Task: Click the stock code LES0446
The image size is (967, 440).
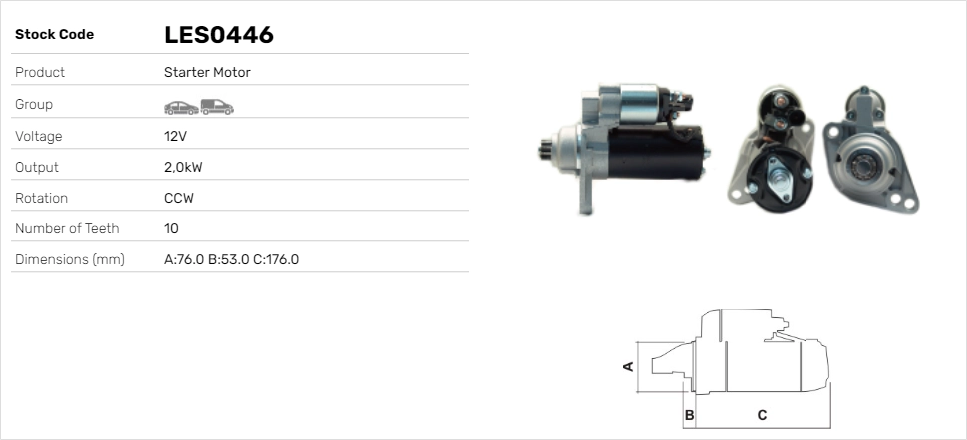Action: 219,35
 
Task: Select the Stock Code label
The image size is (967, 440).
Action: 54,35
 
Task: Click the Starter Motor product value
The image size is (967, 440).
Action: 207,72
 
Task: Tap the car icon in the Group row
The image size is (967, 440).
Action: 181,108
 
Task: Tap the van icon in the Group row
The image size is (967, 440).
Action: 217,107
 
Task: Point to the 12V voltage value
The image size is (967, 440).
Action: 175,136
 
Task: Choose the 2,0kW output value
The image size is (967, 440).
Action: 183,168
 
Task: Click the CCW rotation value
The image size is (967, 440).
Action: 179,199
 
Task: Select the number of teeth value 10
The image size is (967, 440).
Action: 172,228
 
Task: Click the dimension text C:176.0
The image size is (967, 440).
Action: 276,259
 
